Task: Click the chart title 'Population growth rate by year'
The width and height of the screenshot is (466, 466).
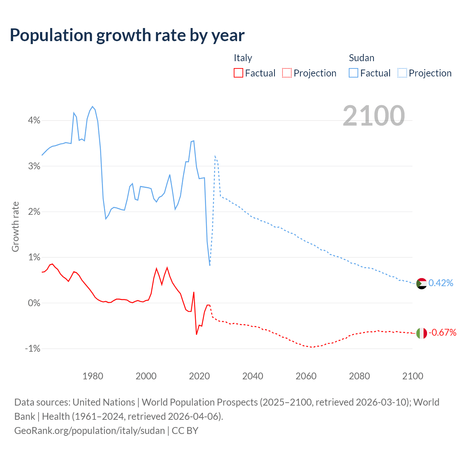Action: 127,35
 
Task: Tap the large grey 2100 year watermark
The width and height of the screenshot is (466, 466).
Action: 374,116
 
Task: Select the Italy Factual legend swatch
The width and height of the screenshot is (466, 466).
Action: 238,73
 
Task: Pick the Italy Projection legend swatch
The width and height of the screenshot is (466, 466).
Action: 287,73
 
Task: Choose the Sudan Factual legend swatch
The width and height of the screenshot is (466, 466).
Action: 353,73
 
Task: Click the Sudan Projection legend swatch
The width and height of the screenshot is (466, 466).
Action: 402,73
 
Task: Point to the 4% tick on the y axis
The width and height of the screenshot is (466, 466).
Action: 34,120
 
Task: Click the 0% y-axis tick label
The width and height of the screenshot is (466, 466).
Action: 34,303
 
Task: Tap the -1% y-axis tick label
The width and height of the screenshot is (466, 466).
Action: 32,348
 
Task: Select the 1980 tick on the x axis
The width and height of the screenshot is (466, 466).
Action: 93,376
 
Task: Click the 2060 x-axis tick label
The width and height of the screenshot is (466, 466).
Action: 306,376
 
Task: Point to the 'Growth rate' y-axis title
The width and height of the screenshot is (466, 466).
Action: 15,226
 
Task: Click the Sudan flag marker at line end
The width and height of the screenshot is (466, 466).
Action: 421,283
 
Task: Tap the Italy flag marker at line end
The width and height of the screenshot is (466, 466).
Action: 421,333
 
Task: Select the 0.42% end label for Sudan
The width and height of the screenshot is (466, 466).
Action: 441,283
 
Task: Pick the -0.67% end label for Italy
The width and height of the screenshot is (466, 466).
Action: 442,332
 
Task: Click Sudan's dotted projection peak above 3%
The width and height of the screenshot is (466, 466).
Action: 215,156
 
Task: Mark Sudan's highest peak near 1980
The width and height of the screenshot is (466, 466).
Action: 92,106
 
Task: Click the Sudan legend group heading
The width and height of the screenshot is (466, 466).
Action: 361,58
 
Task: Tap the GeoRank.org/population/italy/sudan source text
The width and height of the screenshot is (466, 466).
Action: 90,431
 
